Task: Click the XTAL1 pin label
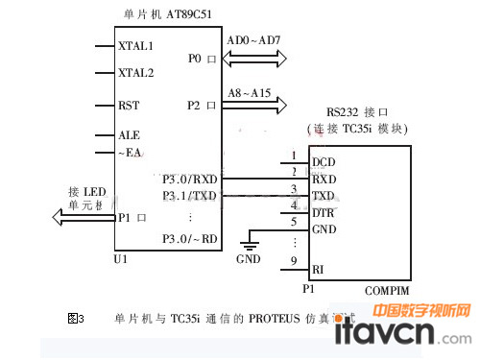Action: (134, 45)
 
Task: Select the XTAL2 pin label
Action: (134, 72)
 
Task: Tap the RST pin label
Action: (129, 106)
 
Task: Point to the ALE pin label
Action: (129, 135)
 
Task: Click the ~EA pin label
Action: (129, 152)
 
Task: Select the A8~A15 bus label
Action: (249, 93)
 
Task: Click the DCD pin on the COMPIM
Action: (324, 161)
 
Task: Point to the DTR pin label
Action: (324, 212)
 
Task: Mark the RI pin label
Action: (318, 270)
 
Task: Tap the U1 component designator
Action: (120, 259)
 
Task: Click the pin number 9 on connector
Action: (294, 261)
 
